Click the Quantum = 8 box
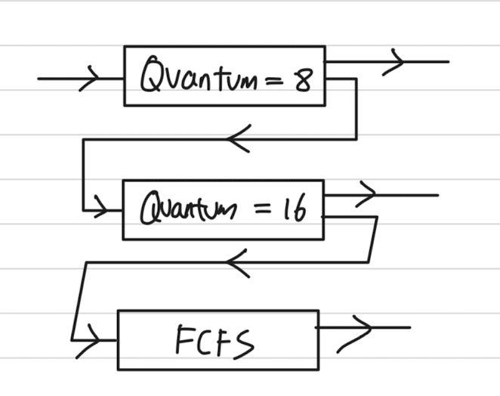pyautogui.click(x=224, y=76)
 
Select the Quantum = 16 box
pyautogui.click(x=223, y=209)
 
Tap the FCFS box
pyautogui.click(x=218, y=339)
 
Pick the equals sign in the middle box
pyautogui.click(x=261, y=209)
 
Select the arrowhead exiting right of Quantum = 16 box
pyautogui.click(x=366, y=195)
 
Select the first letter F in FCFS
pyautogui.click(x=186, y=341)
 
